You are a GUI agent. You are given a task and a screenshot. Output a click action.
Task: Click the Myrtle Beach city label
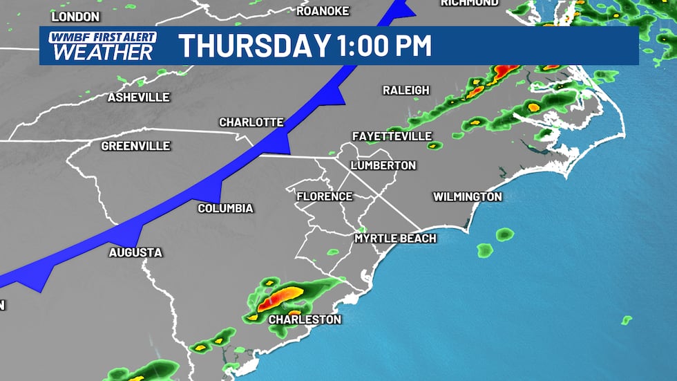coord(395,239)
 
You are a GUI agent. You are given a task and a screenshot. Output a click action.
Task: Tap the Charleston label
coord(305,319)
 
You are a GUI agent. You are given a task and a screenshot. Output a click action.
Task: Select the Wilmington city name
coord(467,197)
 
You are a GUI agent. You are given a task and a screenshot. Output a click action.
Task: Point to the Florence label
coord(324,196)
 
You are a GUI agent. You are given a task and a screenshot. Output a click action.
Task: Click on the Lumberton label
coord(383,166)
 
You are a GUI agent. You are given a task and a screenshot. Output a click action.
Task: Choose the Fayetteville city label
coord(392,136)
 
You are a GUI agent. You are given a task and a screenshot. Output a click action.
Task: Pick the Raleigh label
coord(406,91)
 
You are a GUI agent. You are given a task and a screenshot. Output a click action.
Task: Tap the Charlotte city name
coord(251,122)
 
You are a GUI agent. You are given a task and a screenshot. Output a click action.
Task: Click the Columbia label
coord(225,209)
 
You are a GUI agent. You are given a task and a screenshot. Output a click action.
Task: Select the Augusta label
coord(135,253)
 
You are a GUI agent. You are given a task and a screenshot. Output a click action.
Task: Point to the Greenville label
coord(135,147)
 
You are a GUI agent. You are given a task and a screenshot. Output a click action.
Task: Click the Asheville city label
coord(138,97)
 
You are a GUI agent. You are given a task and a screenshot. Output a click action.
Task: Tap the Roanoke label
coord(323,11)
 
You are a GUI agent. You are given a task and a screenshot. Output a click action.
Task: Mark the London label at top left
coord(75,16)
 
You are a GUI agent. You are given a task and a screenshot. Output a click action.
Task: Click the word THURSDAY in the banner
coord(254,46)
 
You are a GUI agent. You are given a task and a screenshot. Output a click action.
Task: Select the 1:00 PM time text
coord(385,46)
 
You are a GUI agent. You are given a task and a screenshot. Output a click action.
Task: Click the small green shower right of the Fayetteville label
coord(434,145)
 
